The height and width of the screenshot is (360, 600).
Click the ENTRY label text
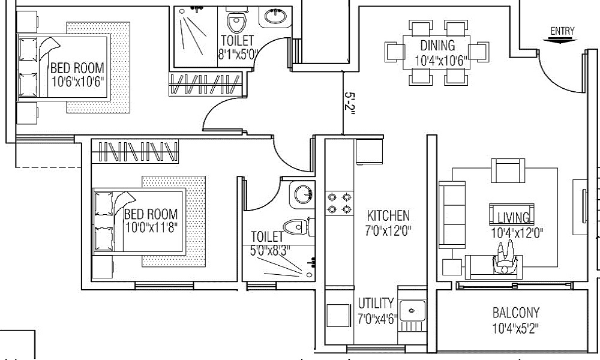(x=562, y=31)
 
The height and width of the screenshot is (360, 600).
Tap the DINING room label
(x=437, y=45)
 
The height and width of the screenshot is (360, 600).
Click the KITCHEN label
(x=388, y=215)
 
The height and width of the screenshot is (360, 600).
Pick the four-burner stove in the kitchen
(x=338, y=203)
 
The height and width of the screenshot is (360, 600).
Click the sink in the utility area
(x=412, y=311)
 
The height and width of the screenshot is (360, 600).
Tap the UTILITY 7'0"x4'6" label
(x=376, y=311)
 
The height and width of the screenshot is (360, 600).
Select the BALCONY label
(x=515, y=313)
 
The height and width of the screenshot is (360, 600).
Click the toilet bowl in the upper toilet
(x=236, y=22)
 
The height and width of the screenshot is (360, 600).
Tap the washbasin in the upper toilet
(x=275, y=17)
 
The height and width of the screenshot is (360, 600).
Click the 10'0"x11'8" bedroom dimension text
(x=152, y=228)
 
